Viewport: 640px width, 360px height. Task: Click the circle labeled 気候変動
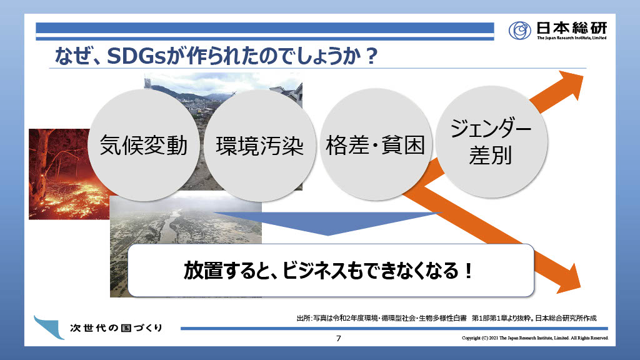point(144,145)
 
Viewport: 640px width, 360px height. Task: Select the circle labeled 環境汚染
point(259,146)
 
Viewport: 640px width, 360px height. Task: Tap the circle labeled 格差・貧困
point(376,144)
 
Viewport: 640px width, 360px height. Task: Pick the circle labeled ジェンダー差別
point(491,142)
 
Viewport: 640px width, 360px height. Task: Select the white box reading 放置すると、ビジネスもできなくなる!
point(331,270)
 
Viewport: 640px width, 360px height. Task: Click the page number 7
point(338,338)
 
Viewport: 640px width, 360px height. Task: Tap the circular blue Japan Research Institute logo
point(519,30)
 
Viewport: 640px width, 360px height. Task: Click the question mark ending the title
point(371,56)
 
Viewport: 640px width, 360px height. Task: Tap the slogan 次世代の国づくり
point(116,327)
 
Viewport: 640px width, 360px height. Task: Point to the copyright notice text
point(535,338)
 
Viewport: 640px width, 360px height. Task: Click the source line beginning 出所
point(446,318)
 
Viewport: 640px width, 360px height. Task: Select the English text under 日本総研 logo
point(571,38)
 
